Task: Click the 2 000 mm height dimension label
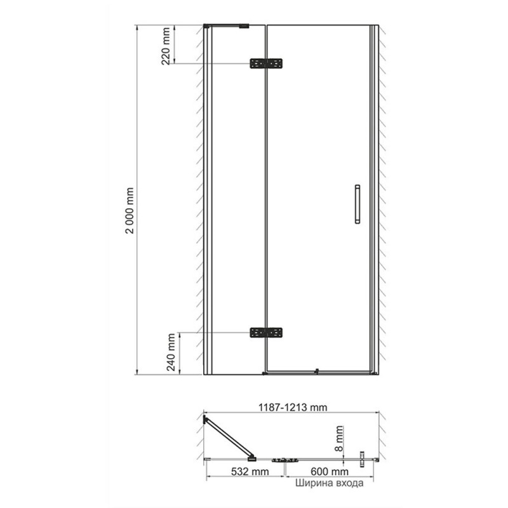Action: [x=130, y=211]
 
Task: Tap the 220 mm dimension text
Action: [x=166, y=46]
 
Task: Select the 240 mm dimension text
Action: [x=170, y=352]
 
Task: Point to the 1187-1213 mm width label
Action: [x=293, y=407]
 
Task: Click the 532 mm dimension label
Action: [x=250, y=471]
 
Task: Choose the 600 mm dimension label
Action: [x=330, y=471]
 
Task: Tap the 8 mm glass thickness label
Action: [x=339, y=438]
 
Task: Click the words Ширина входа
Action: [x=329, y=483]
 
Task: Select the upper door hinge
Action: [x=266, y=63]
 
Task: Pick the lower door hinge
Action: [x=266, y=333]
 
